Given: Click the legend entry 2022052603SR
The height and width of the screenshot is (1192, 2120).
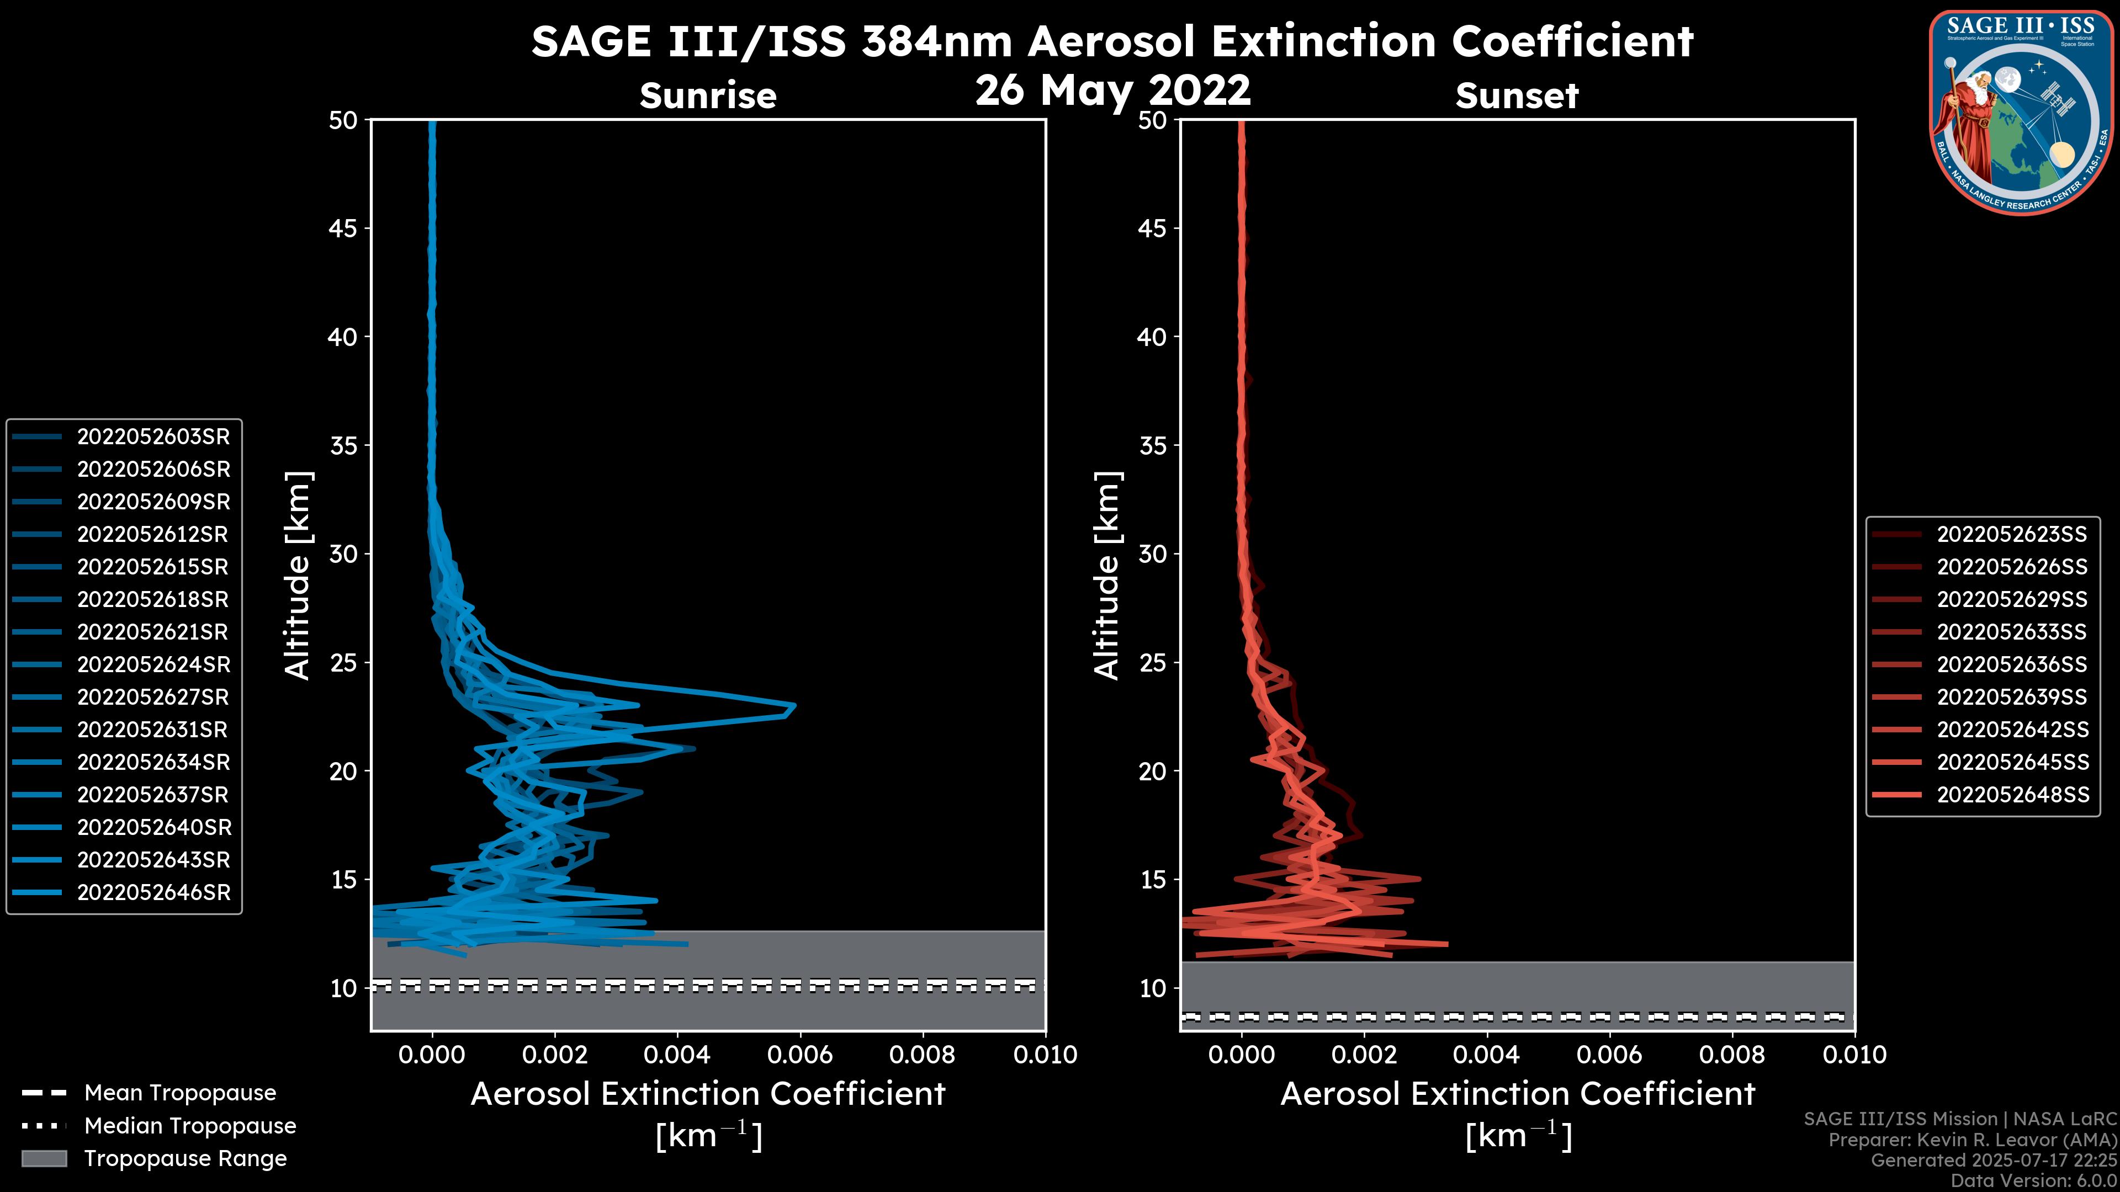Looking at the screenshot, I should (x=153, y=437).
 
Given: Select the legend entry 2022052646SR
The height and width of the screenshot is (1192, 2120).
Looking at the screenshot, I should (x=153, y=892).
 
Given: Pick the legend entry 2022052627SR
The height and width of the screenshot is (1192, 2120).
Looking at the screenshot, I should (x=153, y=698).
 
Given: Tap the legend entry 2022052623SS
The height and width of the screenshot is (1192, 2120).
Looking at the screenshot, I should (x=2011, y=535).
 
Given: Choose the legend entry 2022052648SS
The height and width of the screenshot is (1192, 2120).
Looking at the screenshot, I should (x=2011, y=795).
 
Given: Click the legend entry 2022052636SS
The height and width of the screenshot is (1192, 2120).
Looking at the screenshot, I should (x=2011, y=664).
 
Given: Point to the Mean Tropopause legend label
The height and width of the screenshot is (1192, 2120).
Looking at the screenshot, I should (x=180, y=1093).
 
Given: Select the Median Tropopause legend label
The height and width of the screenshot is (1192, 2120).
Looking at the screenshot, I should (x=190, y=1126).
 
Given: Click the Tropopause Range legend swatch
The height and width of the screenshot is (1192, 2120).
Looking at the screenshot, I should (x=44, y=1159).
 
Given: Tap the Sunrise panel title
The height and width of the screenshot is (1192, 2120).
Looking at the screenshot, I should (x=708, y=96).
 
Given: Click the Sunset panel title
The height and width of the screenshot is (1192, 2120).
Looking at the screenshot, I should (x=1517, y=96).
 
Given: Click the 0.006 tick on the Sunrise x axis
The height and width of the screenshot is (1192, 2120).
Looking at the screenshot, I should (x=799, y=1055).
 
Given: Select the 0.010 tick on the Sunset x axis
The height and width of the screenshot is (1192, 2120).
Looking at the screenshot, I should (x=1854, y=1055).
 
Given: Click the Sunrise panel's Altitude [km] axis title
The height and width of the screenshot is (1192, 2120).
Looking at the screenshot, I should (x=297, y=575).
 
